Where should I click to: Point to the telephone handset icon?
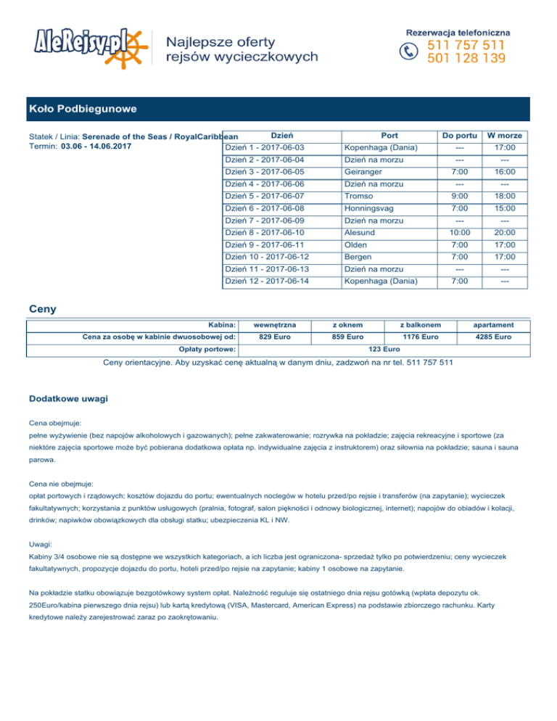[x=410, y=51]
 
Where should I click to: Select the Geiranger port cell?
[x=363, y=173]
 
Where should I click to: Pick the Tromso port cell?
[x=359, y=197]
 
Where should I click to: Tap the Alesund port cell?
[x=360, y=233]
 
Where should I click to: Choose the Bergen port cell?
[x=359, y=257]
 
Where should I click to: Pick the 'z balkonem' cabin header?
[x=421, y=324]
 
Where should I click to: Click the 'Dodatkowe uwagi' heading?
[x=70, y=399]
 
